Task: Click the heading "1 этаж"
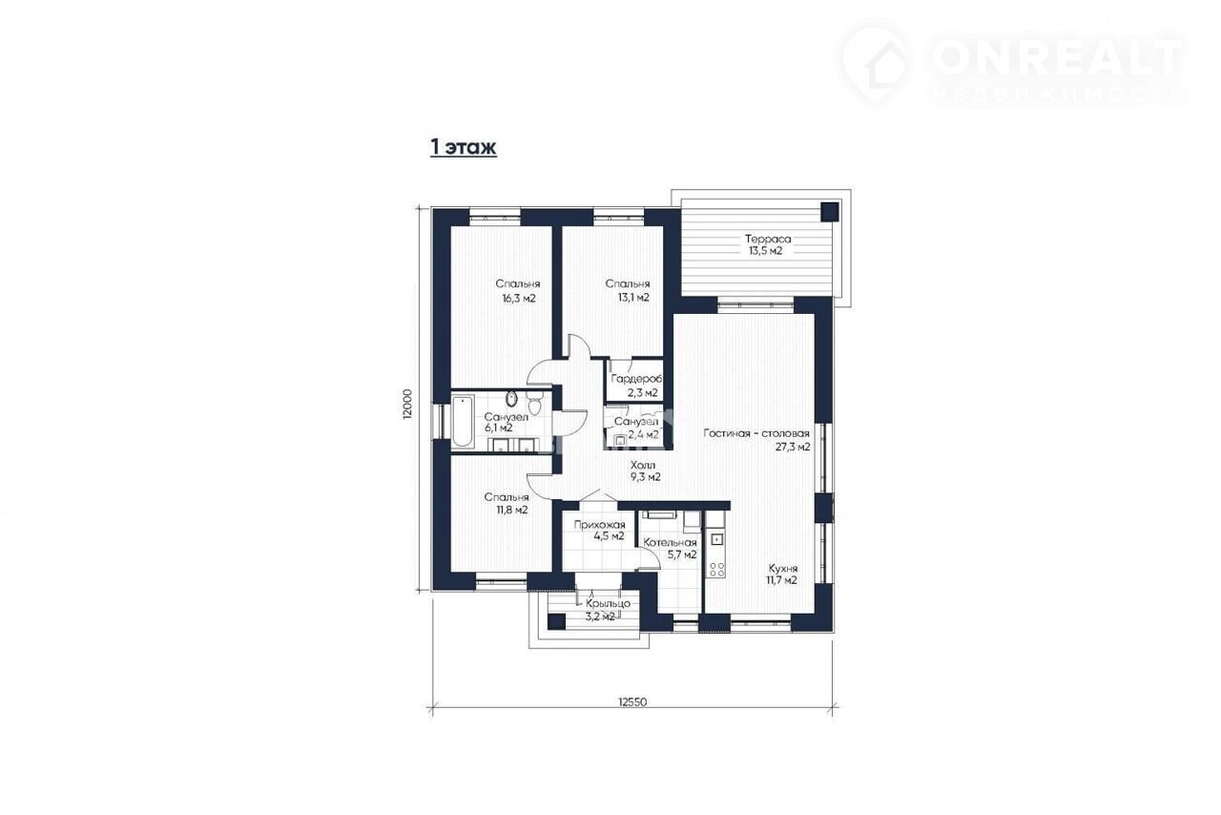(x=464, y=147)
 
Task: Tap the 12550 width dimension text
(x=632, y=701)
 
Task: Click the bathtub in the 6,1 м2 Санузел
(x=463, y=422)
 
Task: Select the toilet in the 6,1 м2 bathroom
(x=534, y=403)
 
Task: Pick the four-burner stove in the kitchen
(x=715, y=570)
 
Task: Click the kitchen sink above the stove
(x=715, y=540)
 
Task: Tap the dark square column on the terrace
(x=830, y=212)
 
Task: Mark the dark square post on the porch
(x=556, y=622)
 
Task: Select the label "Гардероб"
(x=636, y=379)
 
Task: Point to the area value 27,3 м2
(x=793, y=447)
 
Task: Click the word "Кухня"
(x=783, y=568)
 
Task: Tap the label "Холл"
(x=643, y=466)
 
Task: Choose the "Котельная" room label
(x=670, y=543)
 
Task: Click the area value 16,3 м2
(x=519, y=299)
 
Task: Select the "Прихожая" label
(x=599, y=525)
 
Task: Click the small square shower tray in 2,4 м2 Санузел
(x=620, y=440)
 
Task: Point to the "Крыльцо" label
(x=609, y=604)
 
